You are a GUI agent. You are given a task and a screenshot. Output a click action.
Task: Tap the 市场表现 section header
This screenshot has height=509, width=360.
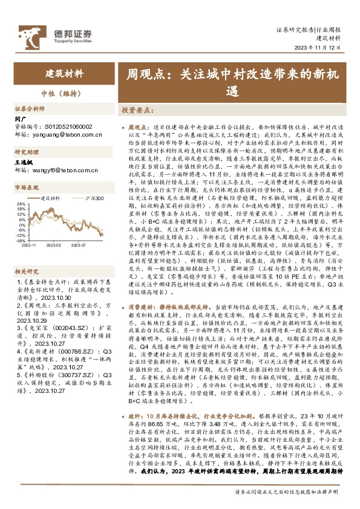tap(26, 188)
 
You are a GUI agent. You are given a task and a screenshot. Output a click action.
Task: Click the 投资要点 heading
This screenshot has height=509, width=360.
tap(136, 111)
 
